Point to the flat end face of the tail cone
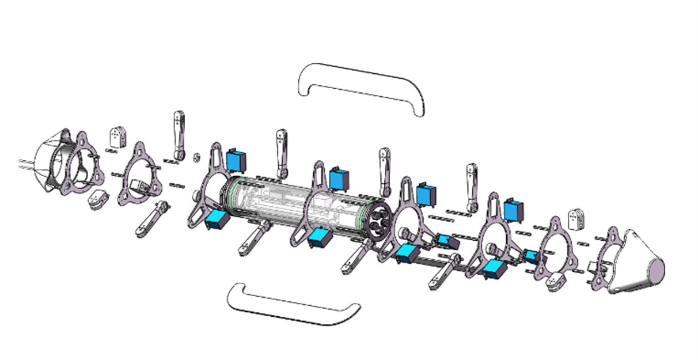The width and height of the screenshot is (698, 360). [657, 270]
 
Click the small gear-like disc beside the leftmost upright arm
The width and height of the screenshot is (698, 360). [196, 158]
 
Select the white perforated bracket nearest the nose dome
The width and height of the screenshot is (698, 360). [118, 136]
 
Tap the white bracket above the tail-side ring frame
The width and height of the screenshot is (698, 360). [576, 219]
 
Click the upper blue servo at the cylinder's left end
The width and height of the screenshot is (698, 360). [236, 160]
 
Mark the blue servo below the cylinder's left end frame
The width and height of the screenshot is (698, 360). [217, 220]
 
